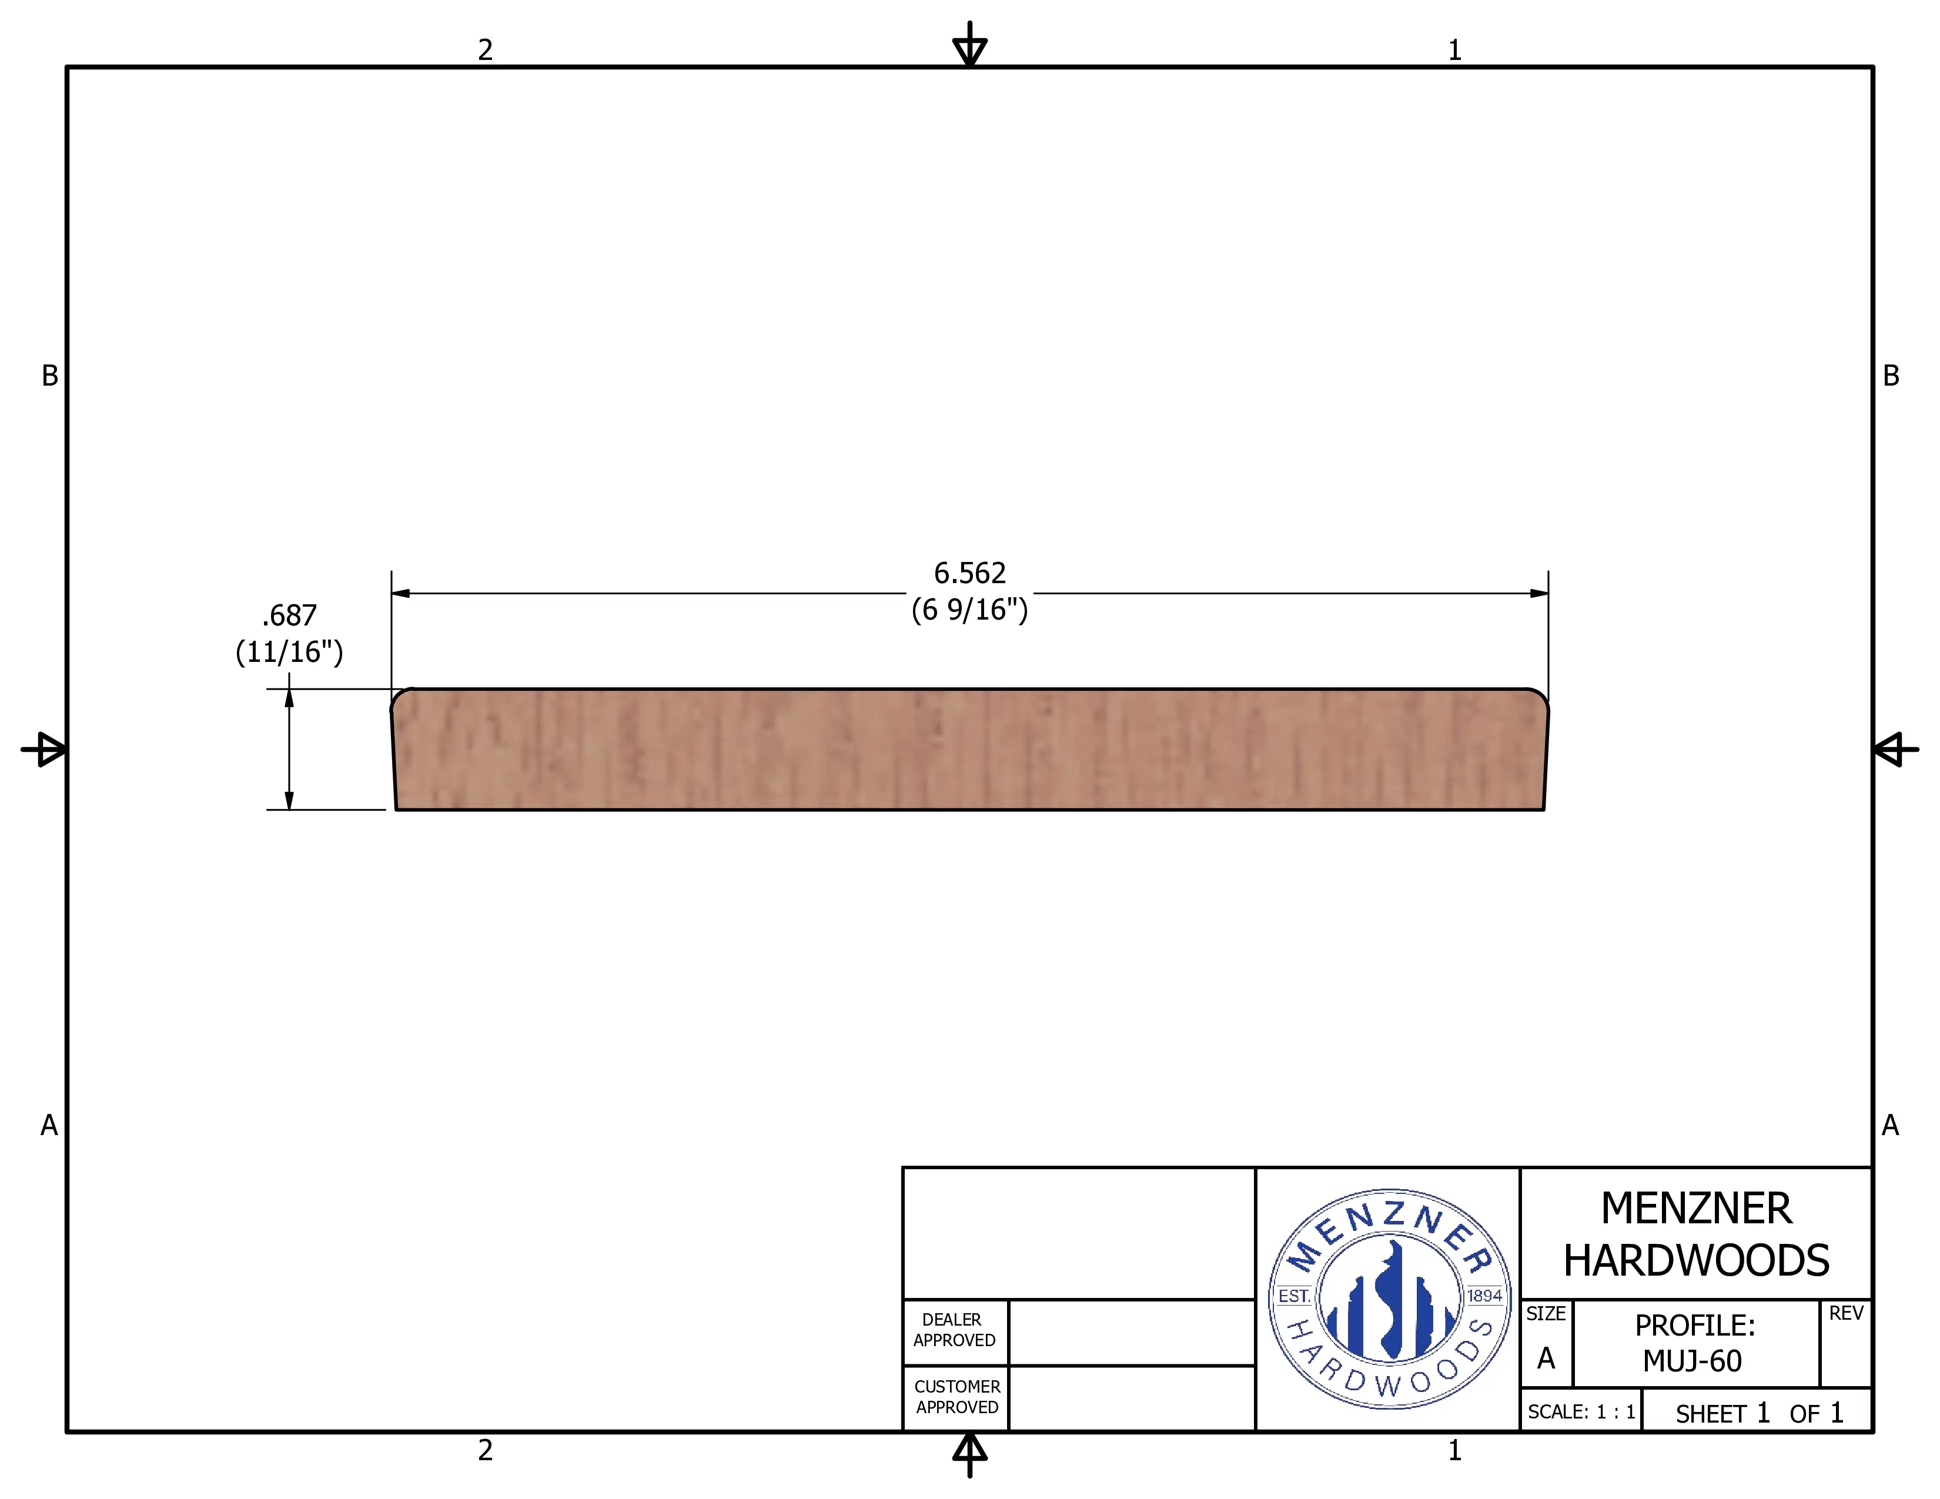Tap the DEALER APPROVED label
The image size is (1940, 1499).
pos(954,1330)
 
